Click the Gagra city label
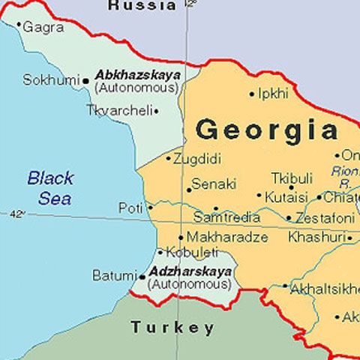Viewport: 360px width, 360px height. coord(43,27)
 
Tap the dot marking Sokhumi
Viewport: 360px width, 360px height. coord(85,79)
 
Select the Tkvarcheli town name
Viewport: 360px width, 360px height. coord(119,110)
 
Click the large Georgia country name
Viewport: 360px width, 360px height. coord(266,130)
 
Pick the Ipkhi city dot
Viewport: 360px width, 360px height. coord(252,94)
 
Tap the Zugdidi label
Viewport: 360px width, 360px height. coord(199,159)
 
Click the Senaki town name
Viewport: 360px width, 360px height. coord(214,184)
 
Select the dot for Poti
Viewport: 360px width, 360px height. coord(150,207)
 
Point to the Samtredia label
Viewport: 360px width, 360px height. coord(227,217)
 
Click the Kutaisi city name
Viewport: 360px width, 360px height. coord(286,197)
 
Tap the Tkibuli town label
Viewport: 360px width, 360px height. coord(292,178)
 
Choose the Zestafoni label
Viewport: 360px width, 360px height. coord(325,218)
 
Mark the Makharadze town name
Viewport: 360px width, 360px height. coord(222,237)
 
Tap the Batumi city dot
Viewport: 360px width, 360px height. coord(142,276)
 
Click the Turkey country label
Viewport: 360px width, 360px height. coord(172,328)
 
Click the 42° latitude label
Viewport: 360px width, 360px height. coord(16,214)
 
